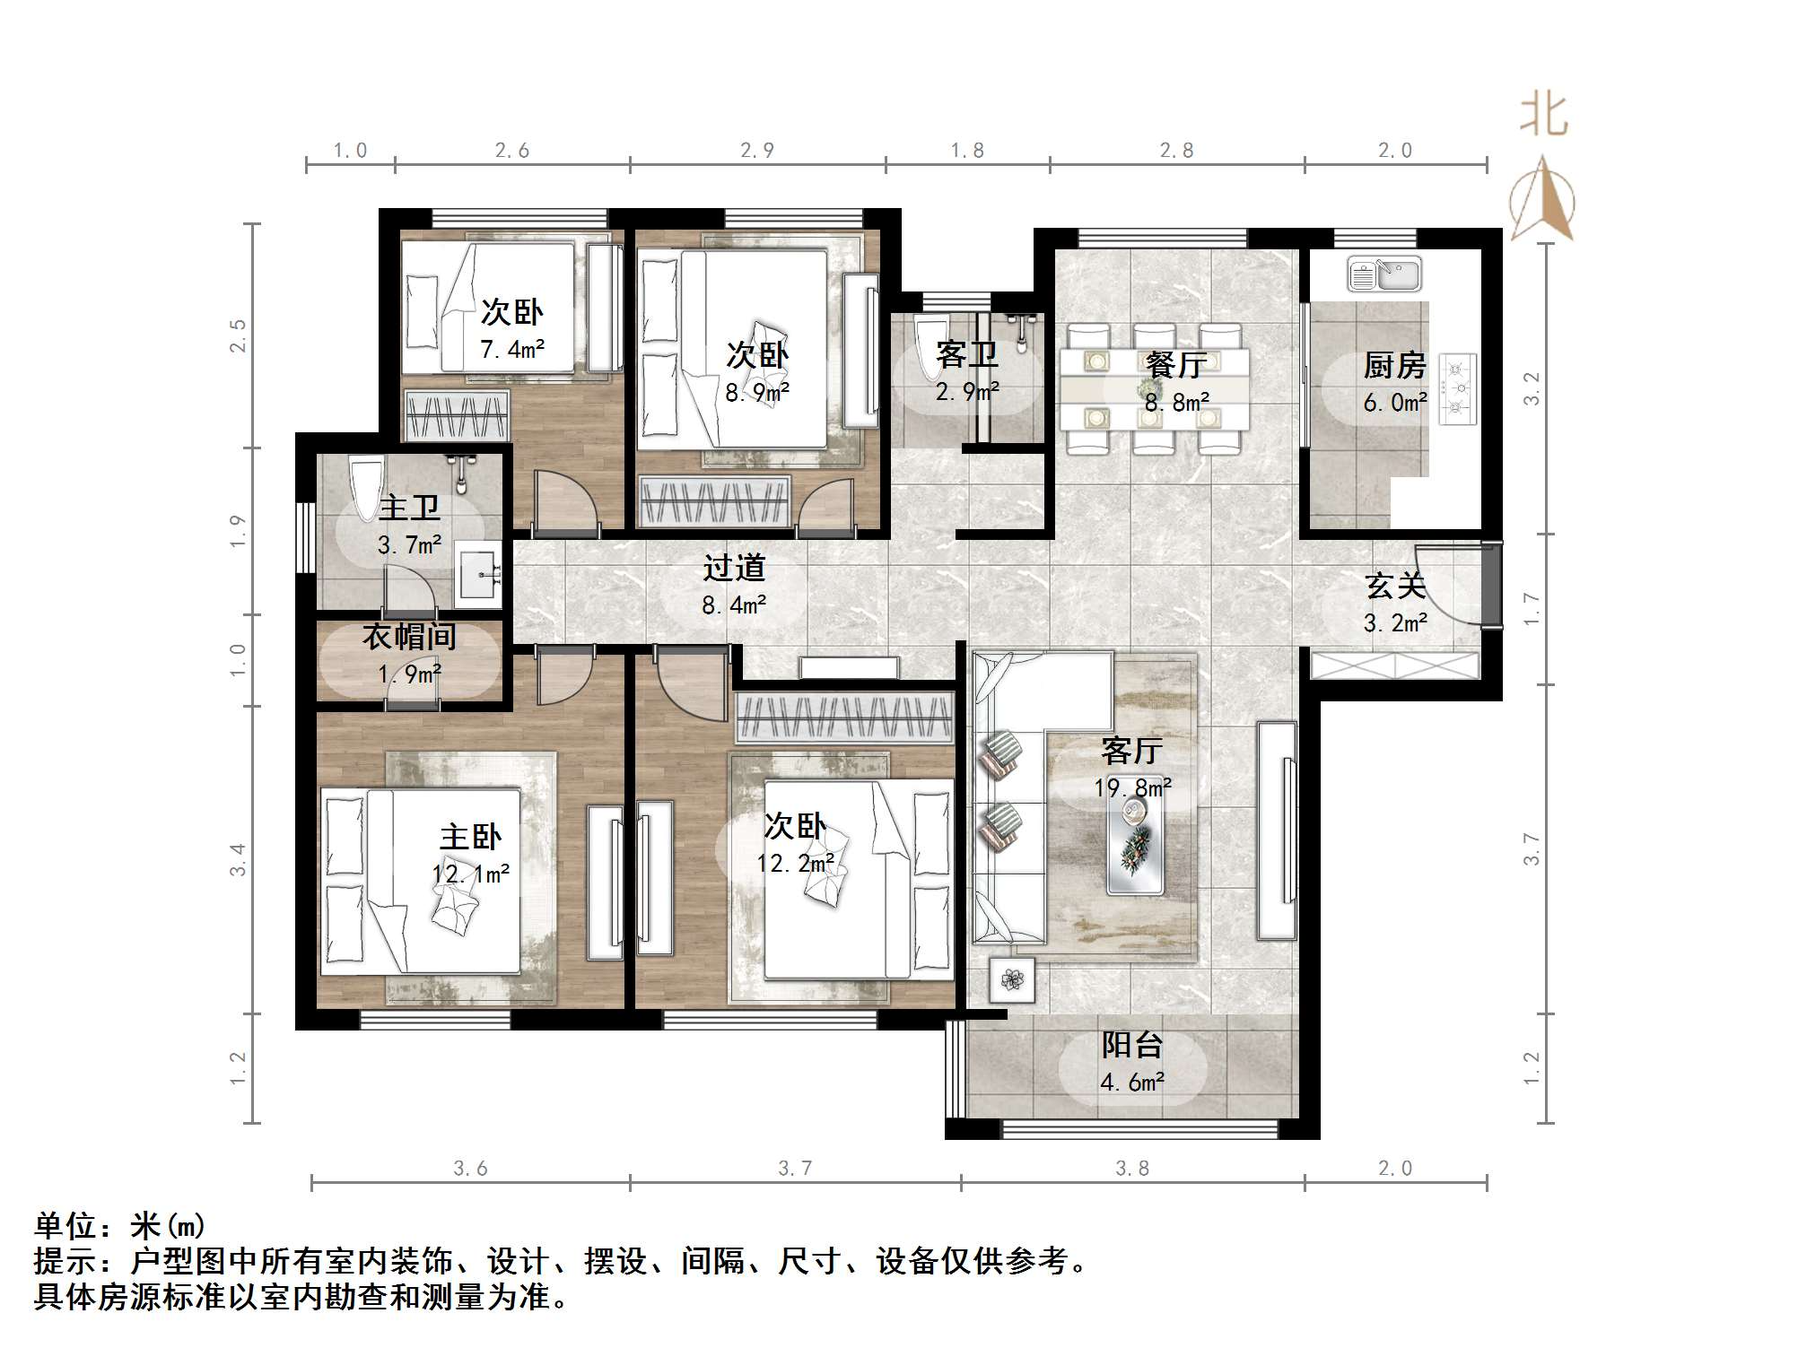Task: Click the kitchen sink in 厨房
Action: point(1384,274)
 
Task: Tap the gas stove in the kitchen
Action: point(1458,388)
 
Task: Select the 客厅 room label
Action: point(1132,751)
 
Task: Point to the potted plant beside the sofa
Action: point(1012,980)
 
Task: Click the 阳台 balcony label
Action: point(1132,1045)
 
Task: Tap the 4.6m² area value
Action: point(1132,1083)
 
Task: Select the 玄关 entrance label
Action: point(1395,586)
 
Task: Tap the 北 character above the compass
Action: point(1543,116)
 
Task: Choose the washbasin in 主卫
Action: point(478,571)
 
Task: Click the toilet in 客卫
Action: point(928,344)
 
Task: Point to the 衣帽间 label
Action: point(409,637)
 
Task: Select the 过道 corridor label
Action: point(734,568)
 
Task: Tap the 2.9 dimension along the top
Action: point(757,151)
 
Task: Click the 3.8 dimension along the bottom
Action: point(1132,1168)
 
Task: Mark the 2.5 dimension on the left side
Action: point(238,335)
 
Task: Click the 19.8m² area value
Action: point(1132,788)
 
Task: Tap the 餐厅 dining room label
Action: point(1176,365)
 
